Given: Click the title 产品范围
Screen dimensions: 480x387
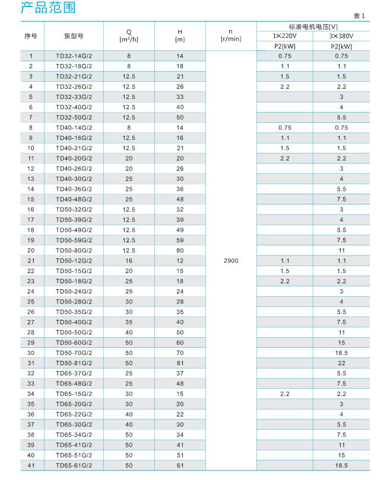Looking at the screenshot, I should [x=49, y=9].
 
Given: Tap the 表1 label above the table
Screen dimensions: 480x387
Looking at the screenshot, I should [x=360, y=17].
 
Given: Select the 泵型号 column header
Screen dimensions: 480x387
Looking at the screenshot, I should [x=74, y=36].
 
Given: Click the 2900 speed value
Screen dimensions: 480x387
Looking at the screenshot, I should [x=231, y=260].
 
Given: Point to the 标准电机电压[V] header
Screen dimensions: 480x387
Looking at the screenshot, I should [x=313, y=27].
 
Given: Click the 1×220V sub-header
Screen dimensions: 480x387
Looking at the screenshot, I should [x=284, y=36].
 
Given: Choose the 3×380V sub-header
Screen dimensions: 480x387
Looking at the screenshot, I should [x=341, y=36].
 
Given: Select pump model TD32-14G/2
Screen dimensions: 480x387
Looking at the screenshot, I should [x=74, y=56].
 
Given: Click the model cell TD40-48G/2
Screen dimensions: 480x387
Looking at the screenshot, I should [x=74, y=199].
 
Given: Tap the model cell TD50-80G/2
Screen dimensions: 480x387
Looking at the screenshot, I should [x=74, y=250].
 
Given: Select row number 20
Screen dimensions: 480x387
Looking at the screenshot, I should [x=31, y=250].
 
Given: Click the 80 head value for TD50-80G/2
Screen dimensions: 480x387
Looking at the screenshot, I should [x=180, y=250].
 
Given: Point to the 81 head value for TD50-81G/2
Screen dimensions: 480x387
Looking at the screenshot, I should [x=180, y=363].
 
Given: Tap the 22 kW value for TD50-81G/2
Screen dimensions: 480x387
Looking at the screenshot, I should [x=341, y=363].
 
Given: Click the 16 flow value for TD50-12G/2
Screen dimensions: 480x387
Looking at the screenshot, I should [x=129, y=260].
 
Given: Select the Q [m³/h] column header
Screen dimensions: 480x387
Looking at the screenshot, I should [x=129, y=36].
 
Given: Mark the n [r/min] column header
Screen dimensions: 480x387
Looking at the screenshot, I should [x=231, y=36].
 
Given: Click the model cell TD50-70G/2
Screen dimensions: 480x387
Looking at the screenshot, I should [x=74, y=353].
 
